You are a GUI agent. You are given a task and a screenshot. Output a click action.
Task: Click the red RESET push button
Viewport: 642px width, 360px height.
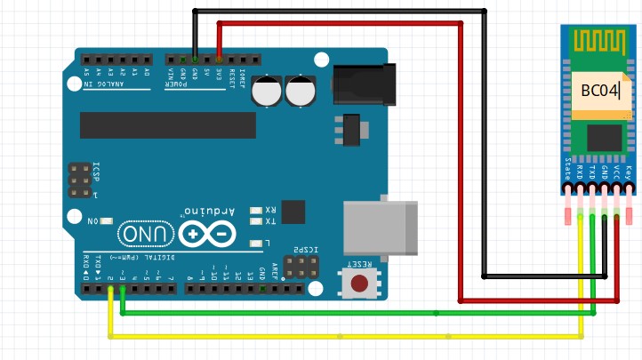pos(360,284)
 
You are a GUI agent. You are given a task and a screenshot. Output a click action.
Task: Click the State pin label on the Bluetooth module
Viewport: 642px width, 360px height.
pos(567,168)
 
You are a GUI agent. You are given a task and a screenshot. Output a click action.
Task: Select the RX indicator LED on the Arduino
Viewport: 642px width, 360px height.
pos(257,211)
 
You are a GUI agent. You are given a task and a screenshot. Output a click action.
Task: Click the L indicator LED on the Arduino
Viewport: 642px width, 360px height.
pos(257,242)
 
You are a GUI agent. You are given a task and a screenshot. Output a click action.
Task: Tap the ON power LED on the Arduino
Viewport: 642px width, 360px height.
pos(108,220)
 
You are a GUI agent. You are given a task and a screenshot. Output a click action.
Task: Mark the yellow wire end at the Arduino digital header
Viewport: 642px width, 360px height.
pos(110,291)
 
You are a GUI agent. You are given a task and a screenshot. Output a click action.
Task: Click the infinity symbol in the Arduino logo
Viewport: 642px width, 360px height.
pos(207,234)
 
